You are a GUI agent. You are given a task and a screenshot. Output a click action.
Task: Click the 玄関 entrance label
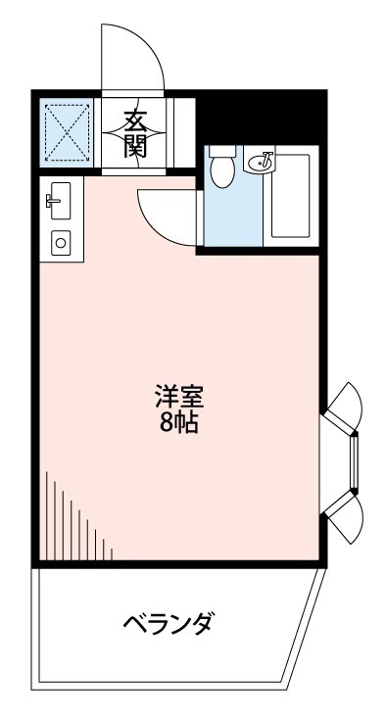point(135,134)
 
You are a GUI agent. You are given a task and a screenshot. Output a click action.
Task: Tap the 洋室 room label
point(179,397)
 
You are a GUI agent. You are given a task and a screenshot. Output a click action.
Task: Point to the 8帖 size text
point(179,424)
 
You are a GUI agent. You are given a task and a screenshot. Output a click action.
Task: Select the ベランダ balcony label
point(169,623)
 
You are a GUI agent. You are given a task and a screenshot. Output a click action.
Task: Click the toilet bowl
point(222,167)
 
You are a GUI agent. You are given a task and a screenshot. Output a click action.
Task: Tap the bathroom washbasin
point(261,162)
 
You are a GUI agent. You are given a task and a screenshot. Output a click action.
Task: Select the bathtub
point(290,196)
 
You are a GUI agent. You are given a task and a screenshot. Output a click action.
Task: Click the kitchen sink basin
point(60,201)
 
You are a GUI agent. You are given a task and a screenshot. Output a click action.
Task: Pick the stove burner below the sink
point(61,242)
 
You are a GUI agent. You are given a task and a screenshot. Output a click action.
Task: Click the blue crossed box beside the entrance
point(67,132)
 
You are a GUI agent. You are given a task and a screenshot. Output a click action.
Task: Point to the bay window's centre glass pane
point(354,461)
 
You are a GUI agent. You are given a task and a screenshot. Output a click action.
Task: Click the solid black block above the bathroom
point(262,118)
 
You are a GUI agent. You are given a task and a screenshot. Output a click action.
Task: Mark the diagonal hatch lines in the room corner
point(78,516)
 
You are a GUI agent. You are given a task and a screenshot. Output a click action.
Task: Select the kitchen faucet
point(52,200)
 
